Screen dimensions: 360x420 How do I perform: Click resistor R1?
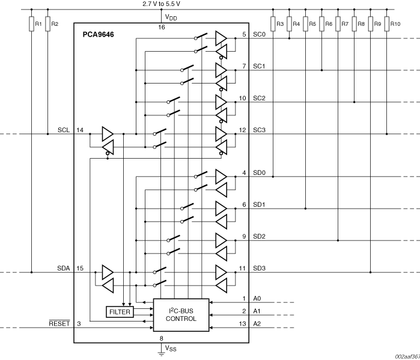click(x=31, y=24)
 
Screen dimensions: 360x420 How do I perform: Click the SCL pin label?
click(x=64, y=130)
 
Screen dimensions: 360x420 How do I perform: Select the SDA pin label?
click(x=64, y=269)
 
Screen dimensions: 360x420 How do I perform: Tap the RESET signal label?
click(x=59, y=324)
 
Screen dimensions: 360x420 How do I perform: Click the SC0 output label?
click(x=259, y=34)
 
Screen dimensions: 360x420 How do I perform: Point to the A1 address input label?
click(x=257, y=311)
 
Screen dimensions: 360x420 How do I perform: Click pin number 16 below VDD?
click(x=162, y=28)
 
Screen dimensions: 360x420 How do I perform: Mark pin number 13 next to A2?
click(x=243, y=324)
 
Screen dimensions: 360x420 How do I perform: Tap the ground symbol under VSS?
click(x=162, y=354)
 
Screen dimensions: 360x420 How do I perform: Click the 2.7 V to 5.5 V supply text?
click(x=162, y=4)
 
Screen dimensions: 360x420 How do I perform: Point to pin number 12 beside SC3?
click(x=243, y=130)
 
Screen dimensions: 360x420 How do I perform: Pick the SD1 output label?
click(x=260, y=205)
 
